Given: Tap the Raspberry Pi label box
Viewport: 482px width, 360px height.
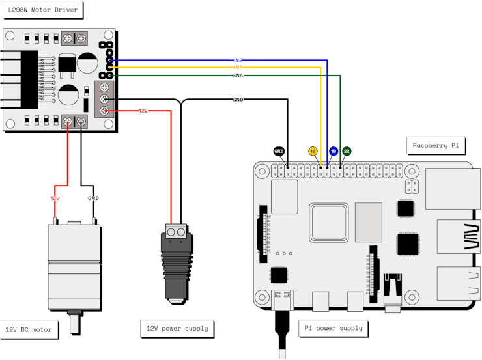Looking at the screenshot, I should (x=435, y=145).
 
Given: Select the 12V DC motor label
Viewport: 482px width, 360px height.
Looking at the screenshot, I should (x=28, y=329).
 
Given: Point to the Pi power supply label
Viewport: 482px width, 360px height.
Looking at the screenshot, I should (x=333, y=328).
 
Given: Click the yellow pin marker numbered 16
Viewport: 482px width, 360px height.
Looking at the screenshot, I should (x=313, y=151).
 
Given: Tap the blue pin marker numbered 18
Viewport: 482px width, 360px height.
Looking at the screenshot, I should (x=333, y=151).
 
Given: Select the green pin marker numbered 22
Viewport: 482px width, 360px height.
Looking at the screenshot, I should (x=347, y=151).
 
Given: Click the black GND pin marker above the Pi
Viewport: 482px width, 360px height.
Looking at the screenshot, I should (x=279, y=151).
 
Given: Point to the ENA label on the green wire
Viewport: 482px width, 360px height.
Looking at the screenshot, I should (x=238, y=76).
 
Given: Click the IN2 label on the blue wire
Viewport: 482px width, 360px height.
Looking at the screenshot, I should (x=238, y=61).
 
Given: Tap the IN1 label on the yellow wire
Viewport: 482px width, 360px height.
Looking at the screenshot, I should (x=238, y=67).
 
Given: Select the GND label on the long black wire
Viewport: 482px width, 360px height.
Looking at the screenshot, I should (x=238, y=100).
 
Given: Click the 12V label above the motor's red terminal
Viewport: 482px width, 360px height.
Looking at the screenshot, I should (x=55, y=198).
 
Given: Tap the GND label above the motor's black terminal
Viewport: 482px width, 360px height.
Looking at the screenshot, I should (x=94, y=198).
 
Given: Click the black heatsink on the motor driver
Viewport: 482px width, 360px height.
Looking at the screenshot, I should (x=29, y=79).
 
